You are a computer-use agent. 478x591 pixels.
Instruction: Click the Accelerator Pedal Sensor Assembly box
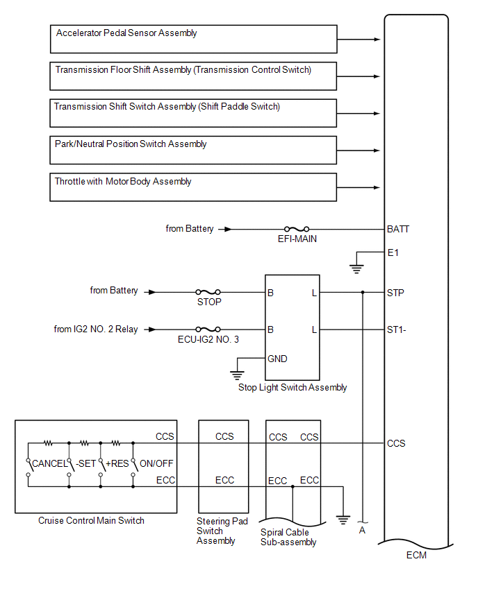(193, 39)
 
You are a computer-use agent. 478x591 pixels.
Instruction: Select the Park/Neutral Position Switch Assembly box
(193, 150)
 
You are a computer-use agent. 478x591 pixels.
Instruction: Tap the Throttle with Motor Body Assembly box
(193, 187)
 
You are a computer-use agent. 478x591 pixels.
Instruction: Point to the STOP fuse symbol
(208, 292)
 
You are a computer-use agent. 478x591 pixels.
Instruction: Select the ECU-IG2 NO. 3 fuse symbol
(208, 329)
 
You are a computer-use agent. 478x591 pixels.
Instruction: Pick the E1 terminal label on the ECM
(393, 252)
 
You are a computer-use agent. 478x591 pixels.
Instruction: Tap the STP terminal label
(395, 293)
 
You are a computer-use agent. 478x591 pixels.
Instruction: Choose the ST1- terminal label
(396, 330)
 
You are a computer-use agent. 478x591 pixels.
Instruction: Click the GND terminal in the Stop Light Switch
(277, 359)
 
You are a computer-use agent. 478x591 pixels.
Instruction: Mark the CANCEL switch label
(49, 463)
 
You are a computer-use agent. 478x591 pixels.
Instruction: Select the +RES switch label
(117, 463)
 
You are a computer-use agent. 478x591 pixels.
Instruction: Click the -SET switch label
(85, 463)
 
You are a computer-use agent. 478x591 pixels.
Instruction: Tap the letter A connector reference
(361, 531)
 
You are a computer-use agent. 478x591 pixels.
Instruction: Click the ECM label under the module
(416, 555)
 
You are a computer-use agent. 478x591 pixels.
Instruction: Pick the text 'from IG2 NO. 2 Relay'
(96, 329)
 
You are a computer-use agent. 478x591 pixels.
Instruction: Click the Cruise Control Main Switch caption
(92, 520)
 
